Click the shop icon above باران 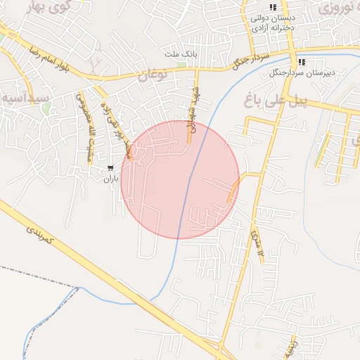point(111,167)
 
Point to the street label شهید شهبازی point(191,110)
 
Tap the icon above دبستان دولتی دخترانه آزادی point(273,7)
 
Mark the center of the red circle point(180,179)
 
